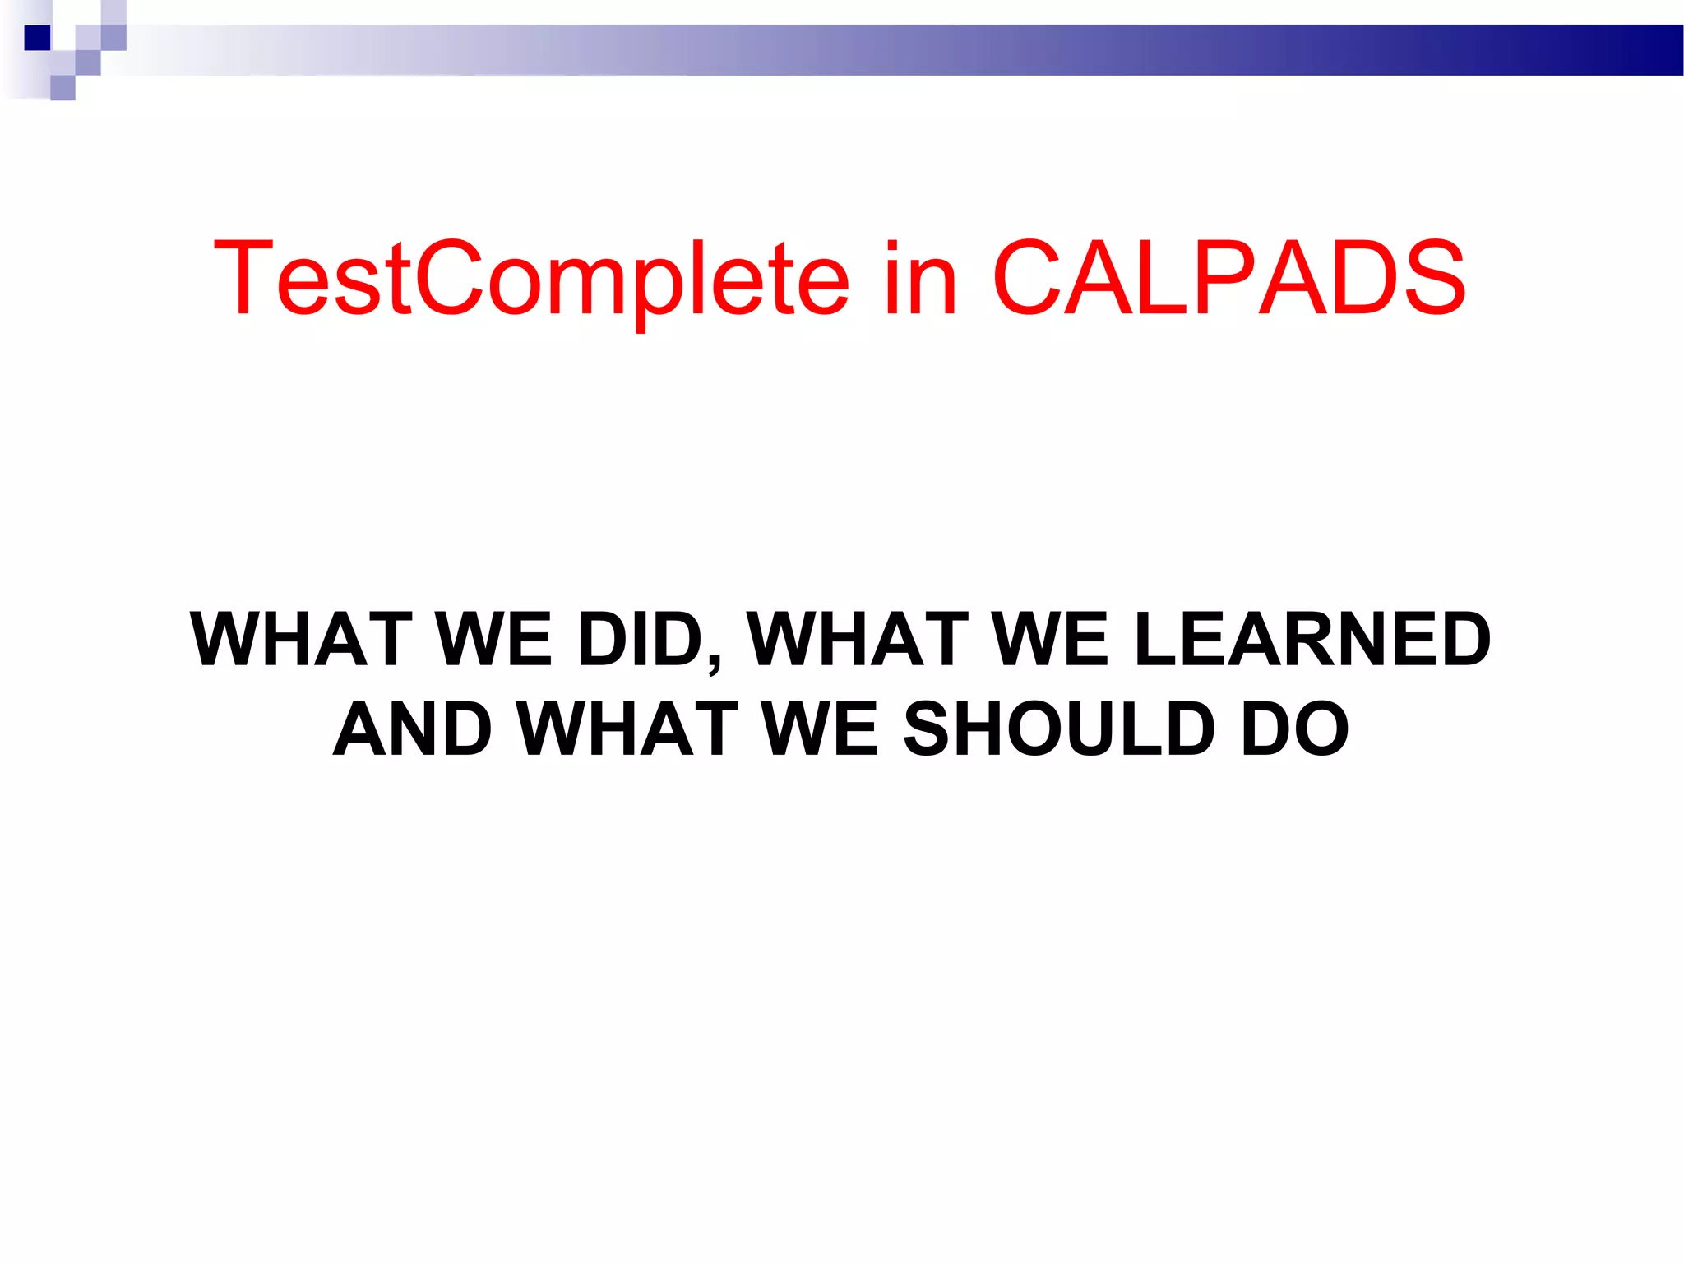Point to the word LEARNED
tap(1312, 639)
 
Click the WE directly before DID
tap(494, 639)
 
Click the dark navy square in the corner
tap(37, 38)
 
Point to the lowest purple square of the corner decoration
tap(62, 87)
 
